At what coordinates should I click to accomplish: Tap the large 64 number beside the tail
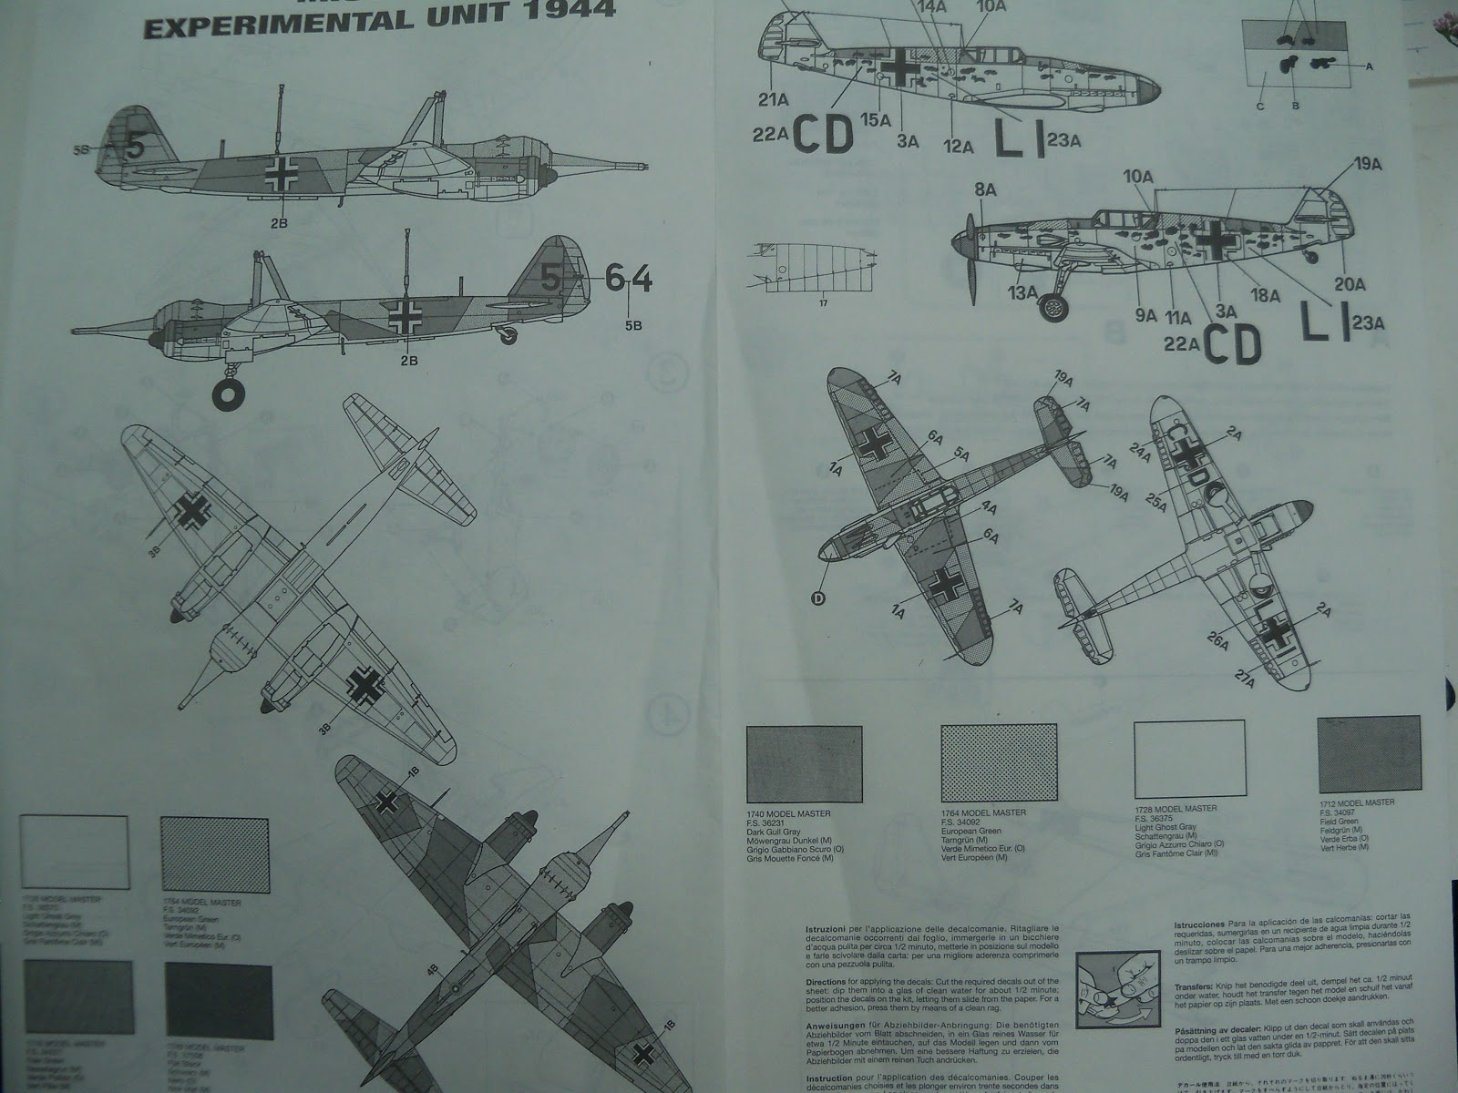pyautogui.click(x=630, y=280)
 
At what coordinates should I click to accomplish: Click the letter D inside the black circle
pyautogui.click(x=817, y=598)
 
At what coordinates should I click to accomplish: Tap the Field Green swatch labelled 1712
pyautogui.click(x=1369, y=754)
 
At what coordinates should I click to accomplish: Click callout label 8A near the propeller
pyautogui.click(x=985, y=189)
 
